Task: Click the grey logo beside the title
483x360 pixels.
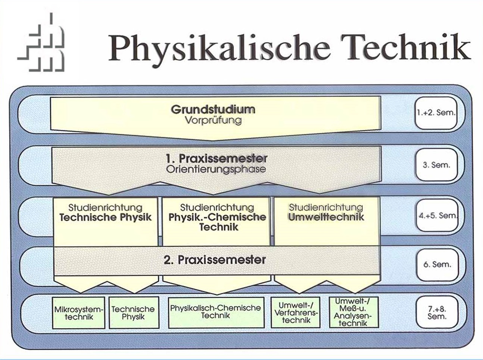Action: [x=41, y=42]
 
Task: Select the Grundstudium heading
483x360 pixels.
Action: [x=213, y=109]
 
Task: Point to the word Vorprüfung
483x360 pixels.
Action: [x=213, y=120]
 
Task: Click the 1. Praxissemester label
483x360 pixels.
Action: [x=216, y=159]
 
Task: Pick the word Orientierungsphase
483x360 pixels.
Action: [x=216, y=169]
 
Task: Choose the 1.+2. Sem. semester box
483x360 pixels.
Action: [x=436, y=113]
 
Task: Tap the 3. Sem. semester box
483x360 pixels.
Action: [x=436, y=165]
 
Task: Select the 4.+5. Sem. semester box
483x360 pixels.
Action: [x=437, y=215]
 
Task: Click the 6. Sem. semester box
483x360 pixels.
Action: [x=437, y=264]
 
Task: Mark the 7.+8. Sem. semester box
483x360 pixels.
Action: [x=437, y=312]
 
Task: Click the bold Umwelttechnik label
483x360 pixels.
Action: [x=326, y=217]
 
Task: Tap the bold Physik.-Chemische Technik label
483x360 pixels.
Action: [x=217, y=222]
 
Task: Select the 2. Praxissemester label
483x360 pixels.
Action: [x=215, y=260]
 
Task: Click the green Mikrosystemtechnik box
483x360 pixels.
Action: [x=79, y=313]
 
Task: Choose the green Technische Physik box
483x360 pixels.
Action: [x=134, y=313]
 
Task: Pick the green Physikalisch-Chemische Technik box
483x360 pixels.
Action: [x=216, y=312]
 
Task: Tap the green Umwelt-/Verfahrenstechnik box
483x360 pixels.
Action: [x=295, y=312]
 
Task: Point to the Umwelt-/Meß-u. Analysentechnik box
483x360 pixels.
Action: [x=354, y=312]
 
